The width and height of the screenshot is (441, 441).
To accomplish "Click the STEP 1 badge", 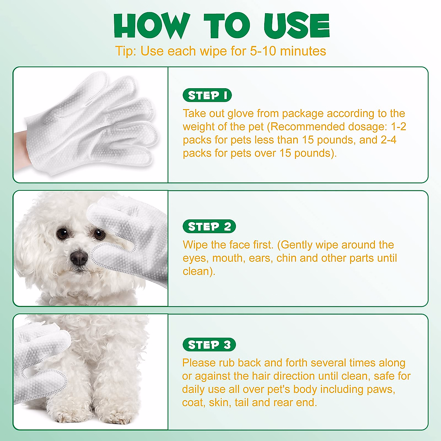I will (x=207, y=96).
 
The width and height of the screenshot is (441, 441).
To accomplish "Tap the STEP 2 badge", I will (x=209, y=227).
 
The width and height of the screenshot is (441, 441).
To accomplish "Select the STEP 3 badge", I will (x=209, y=345).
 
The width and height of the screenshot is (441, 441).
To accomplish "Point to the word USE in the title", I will (x=296, y=26).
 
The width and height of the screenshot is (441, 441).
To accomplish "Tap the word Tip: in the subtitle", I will (x=126, y=51).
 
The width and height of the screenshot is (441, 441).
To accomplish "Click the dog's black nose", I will (x=79, y=258).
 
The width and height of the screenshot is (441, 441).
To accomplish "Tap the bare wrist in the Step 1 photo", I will (x=18, y=147).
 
